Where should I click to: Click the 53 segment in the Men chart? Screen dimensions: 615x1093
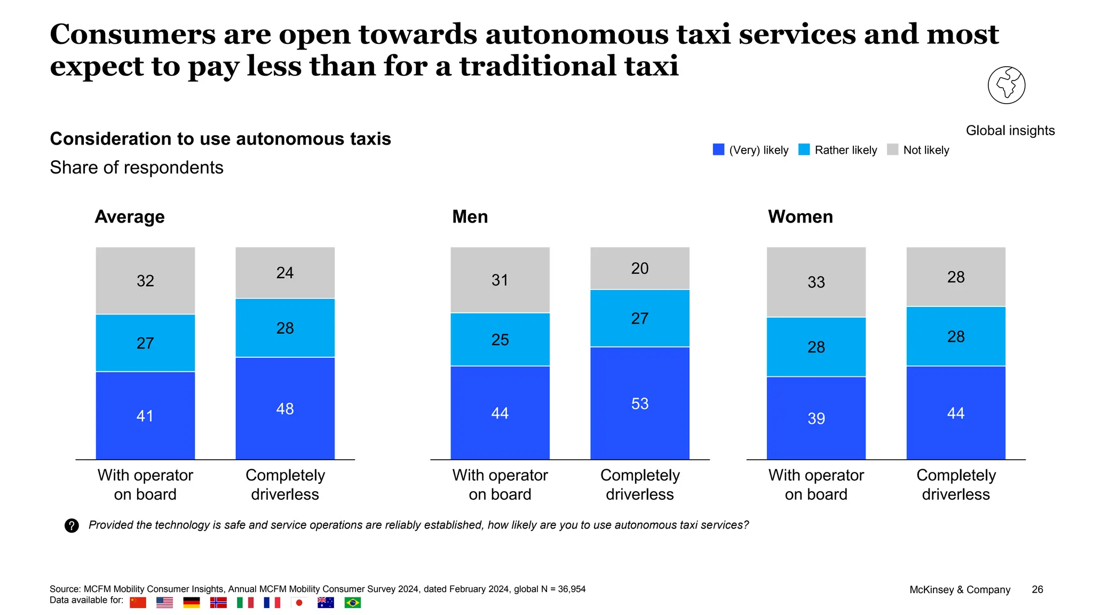pos(639,403)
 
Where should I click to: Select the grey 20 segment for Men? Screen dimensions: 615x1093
pos(639,268)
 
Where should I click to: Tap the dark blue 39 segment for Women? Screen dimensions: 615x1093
pos(816,418)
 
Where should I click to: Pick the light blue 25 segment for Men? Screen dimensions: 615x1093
pos(500,340)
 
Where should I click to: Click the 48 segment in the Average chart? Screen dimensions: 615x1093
pos(285,408)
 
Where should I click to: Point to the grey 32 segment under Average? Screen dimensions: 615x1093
pos(145,280)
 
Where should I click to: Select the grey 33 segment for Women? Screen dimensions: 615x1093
pos(816,282)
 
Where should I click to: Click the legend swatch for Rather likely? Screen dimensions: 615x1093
pos(804,150)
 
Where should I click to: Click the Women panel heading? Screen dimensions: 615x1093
pos(800,217)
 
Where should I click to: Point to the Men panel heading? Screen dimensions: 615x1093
pos(470,217)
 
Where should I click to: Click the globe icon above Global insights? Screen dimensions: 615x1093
pos(1006,85)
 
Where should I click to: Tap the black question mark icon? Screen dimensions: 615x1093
pos(72,526)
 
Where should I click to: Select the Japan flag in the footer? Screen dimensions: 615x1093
pos(299,603)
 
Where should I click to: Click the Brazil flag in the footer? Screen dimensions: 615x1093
pos(352,603)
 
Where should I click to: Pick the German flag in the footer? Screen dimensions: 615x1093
pos(191,603)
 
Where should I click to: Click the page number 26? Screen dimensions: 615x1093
pos(1037,589)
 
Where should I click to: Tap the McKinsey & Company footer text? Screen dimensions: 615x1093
pos(960,589)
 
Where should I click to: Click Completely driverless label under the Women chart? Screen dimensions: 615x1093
pos(956,485)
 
